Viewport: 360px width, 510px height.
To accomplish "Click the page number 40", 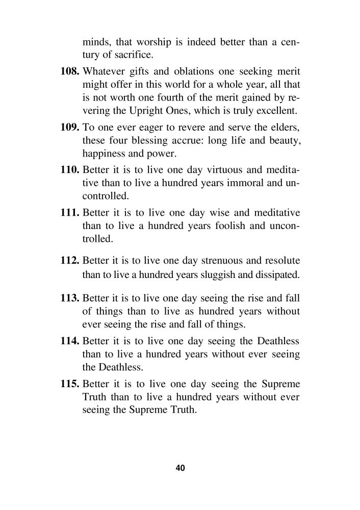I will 179,468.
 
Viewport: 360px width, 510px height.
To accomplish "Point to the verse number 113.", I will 69,297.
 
